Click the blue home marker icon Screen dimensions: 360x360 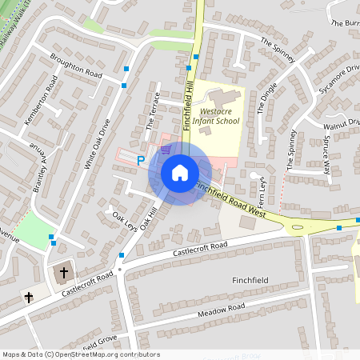(x=180, y=173)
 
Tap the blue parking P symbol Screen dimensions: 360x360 (x=141, y=160)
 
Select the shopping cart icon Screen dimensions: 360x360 (x=166, y=149)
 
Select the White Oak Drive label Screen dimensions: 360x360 (x=95, y=145)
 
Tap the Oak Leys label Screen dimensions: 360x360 (x=126, y=219)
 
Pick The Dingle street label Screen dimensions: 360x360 (x=268, y=96)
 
